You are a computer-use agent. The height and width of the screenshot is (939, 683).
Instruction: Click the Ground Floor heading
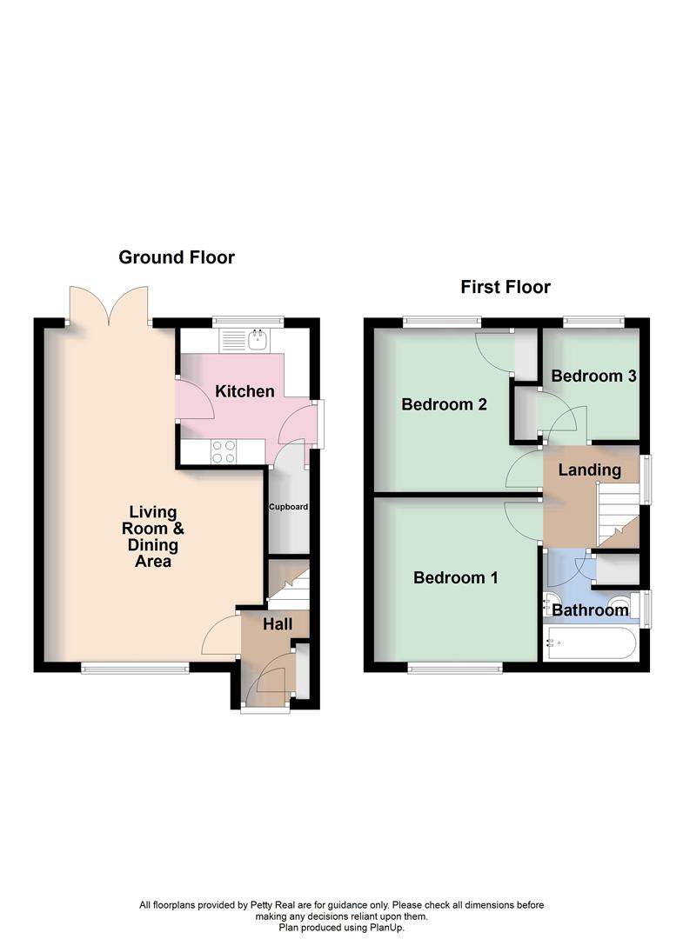(x=177, y=257)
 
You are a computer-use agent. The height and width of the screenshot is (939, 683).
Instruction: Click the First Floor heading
(x=506, y=288)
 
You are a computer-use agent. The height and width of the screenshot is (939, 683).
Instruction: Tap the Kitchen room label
(x=244, y=391)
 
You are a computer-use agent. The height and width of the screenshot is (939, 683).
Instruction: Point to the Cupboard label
(x=288, y=507)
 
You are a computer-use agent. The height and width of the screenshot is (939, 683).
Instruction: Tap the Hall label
(x=278, y=624)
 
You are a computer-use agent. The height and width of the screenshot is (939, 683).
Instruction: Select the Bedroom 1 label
(x=455, y=578)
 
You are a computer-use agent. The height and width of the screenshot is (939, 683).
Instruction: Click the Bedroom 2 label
(x=444, y=404)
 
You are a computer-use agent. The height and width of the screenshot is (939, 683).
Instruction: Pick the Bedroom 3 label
(x=593, y=376)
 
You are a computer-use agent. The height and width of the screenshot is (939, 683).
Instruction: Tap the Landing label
(x=590, y=470)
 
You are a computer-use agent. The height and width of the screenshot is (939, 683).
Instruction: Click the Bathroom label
(x=590, y=610)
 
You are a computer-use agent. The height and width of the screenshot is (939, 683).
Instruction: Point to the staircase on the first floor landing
(x=615, y=513)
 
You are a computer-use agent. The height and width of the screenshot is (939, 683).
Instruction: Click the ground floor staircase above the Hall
(x=289, y=584)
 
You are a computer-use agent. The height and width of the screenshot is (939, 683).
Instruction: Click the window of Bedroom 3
(x=593, y=322)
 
